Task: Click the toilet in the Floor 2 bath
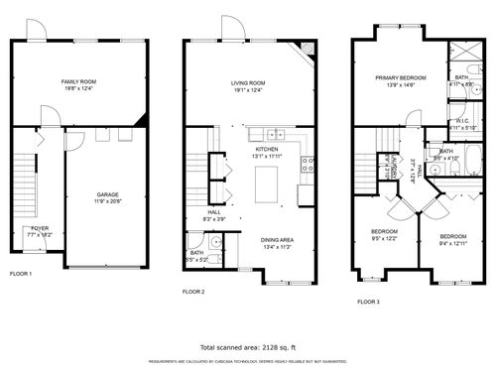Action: coord(214,240)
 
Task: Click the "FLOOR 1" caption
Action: coord(21,273)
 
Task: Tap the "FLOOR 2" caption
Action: coord(193,292)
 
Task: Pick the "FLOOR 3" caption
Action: coord(368,300)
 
